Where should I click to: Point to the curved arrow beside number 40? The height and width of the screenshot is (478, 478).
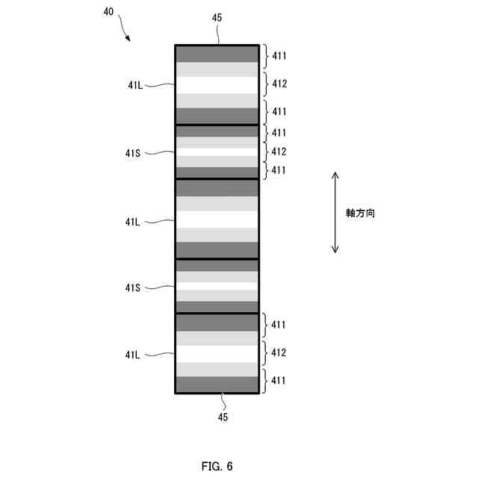pos(122,32)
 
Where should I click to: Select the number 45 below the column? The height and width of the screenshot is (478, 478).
pos(222,417)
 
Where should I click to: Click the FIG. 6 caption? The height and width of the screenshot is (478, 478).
pos(217,467)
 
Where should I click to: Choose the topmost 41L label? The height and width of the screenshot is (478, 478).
pos(135,85)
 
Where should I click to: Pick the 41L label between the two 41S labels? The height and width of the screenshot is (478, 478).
pos(135,222)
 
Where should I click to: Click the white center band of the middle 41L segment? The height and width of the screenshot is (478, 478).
pos(217,219)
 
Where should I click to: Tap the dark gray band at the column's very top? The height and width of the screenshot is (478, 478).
pos(217,54)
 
